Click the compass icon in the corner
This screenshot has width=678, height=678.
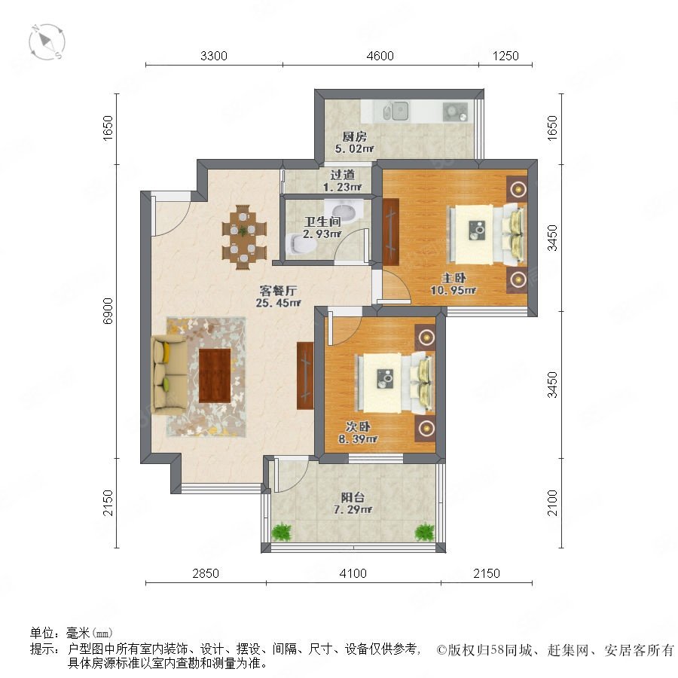[x=47, y=42]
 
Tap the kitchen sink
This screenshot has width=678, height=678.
[x=396, y=111]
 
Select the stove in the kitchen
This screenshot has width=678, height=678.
[x=455, y=111]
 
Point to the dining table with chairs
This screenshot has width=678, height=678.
[x=244, y=236]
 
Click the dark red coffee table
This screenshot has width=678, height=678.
[x=215, y=375]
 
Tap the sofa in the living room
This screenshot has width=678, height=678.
[x=169, y=373]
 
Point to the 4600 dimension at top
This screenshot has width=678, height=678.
[x=380, y=56]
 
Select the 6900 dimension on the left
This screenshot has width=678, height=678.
[x=108, y=310]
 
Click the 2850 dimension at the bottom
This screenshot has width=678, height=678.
[x=206, y=573]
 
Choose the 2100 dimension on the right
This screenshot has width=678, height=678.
[x=553, y=502]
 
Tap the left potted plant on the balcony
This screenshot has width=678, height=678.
[x=282, y=531]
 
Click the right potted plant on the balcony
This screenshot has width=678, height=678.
[x=425, y=532]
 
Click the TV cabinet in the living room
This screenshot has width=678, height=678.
[x=305, y=376]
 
